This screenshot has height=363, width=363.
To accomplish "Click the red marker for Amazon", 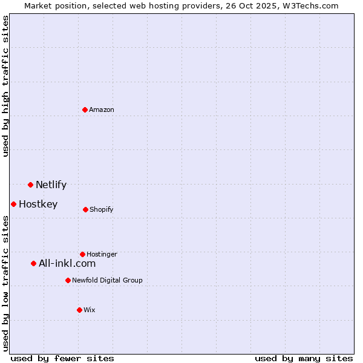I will (85, 110).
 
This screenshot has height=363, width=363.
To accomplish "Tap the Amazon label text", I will (102, 110).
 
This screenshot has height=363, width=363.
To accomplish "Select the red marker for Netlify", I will (30, 185).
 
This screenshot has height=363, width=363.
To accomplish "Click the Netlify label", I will (51, 185).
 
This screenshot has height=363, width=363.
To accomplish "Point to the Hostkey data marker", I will (13, 204).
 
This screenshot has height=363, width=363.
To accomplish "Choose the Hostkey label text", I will (38, 204).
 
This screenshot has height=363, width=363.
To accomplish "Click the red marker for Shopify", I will (85, 209).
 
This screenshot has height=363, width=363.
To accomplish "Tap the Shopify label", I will (102, 210).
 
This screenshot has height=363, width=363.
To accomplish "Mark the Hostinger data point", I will (82, 254).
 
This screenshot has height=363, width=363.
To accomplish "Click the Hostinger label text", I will (102, 255).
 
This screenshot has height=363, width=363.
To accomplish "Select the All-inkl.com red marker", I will (33, 263).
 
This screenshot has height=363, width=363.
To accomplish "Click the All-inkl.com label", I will (67, 264).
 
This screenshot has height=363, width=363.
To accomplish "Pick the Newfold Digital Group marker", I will (68, 280).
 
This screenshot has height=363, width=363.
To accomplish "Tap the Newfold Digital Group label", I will (107, 281).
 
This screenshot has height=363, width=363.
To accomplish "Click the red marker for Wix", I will (79, 310).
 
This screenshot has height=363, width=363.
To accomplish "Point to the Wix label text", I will (90, 310).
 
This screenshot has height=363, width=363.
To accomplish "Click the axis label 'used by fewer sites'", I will (62, 359).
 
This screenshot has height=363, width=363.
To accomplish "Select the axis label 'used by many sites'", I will (304, 359).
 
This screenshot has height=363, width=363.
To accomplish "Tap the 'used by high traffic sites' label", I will (5, 86).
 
